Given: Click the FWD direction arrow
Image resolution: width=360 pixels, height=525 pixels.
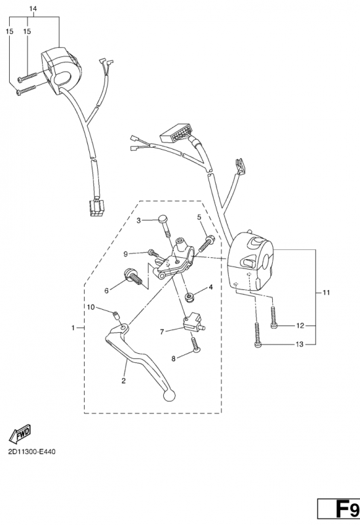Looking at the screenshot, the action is (x=20, y=432).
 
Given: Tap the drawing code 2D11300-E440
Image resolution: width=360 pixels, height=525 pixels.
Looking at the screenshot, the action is (x=31, y=451).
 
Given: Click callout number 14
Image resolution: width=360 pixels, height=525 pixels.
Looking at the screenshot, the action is (x=33, y=9).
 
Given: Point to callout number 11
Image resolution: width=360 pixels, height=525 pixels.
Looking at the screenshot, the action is (x=326, y=293).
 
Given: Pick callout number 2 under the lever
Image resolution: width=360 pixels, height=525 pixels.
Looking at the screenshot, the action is (x=123, y=381).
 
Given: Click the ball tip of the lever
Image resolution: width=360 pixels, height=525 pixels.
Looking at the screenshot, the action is (x=169, y=395).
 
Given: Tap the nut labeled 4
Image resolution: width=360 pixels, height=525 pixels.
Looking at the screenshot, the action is (x=190, y=297).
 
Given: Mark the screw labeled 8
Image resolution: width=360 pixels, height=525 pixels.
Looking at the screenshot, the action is (x=195, y=344).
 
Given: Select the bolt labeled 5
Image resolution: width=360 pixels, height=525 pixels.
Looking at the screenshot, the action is (x=207, y=243).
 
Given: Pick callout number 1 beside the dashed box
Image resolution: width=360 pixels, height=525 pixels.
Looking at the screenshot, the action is (x=73, y=327).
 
